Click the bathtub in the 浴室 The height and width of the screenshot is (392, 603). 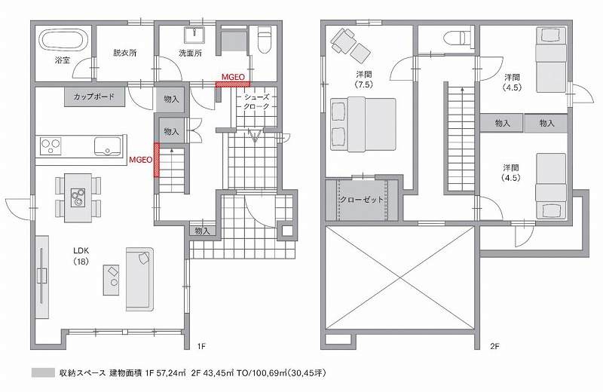[64, 38]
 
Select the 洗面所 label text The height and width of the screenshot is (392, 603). [191, 54]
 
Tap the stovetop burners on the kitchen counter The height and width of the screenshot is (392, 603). [51, 143]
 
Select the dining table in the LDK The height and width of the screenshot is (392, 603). [78, 198]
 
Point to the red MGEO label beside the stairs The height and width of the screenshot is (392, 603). [140, 160]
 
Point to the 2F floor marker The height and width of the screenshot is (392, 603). [494, 347]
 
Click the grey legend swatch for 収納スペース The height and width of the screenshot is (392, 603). [44, 373]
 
